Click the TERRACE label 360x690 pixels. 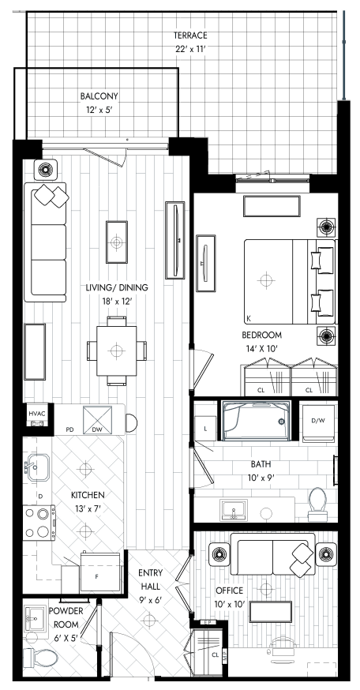pos(190,36)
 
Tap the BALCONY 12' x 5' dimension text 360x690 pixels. pos(99,109)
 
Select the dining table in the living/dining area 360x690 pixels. pos(117,351)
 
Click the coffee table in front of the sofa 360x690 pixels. pos(117,242)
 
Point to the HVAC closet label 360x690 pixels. pos(37,414)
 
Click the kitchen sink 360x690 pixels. pos(36,468)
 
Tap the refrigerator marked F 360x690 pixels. pos(100,572)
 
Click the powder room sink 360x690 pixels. pos(35,620)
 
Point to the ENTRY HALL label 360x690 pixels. pos(150,579)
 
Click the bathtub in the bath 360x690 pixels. pos(256,420)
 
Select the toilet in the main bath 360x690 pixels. pos(317,504)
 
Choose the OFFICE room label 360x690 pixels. pos(229,591)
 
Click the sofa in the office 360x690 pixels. pos(276,554)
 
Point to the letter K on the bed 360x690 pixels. pos(249,318)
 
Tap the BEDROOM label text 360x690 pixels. pos(262,335)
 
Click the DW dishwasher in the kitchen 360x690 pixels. pos(97,420)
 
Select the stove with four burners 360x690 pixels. pos(39,523)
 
